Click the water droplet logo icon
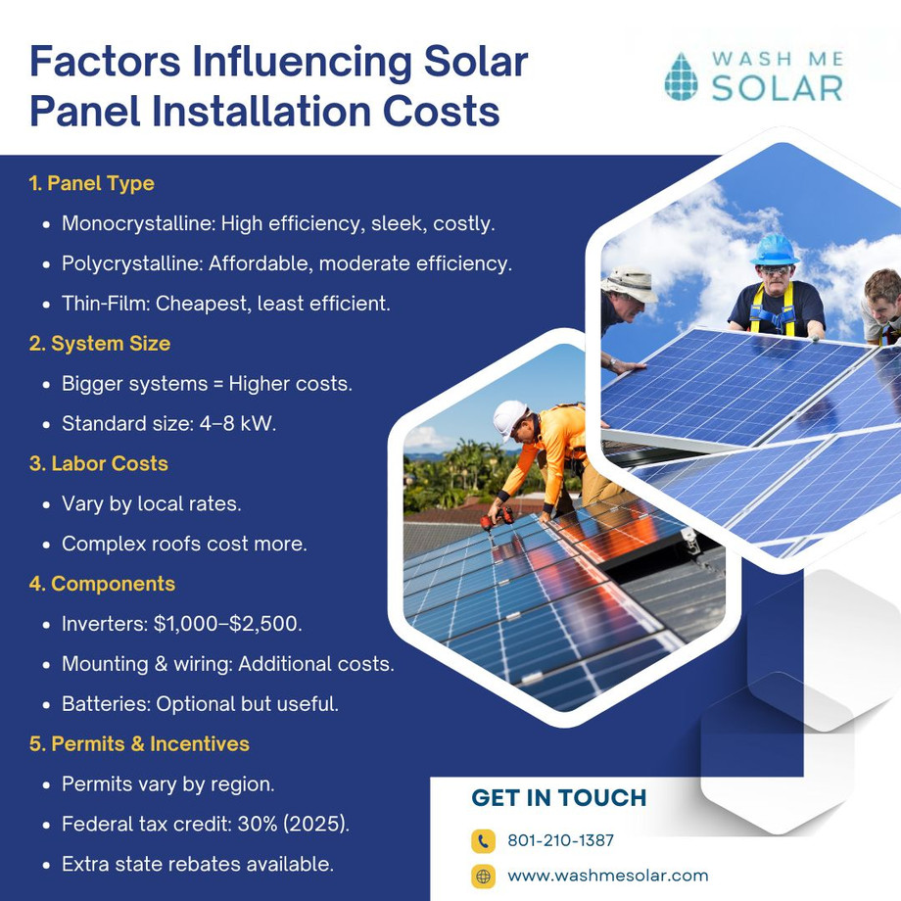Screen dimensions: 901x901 681,76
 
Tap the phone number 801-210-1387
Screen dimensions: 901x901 560,840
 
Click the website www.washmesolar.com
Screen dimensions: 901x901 607,876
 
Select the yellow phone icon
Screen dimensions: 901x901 483,840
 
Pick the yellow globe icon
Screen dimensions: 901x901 483,876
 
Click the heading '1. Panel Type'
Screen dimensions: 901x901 91,183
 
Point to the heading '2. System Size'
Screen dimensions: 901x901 99,344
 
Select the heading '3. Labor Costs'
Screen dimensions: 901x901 98,463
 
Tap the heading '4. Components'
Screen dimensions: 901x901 102,584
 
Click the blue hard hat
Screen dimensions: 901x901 773,249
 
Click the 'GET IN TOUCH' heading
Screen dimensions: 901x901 559,797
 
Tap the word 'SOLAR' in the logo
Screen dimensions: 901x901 777,87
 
